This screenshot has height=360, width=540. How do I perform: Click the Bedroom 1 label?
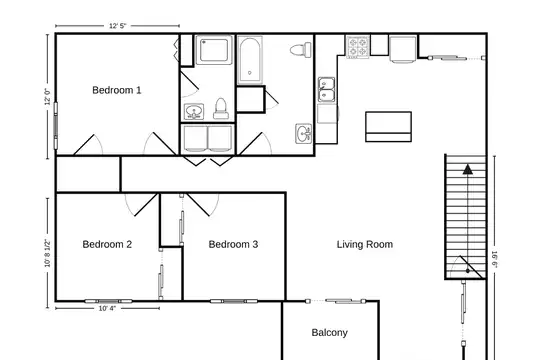click(x=117, y=90)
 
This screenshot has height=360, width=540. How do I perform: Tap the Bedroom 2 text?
click(x=107, y=244)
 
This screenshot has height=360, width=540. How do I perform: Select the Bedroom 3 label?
click(x=233, y=244)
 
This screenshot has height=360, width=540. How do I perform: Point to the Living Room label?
click(x=365, y=245)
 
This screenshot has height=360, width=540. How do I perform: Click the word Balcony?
click(x=330, y=332)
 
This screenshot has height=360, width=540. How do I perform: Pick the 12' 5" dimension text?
click(x=117, y=26)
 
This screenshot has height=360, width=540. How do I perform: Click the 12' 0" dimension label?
click(x=48, y=96)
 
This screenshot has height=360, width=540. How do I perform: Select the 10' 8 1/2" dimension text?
click(x=48, y=253)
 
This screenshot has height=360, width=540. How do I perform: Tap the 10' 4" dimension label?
click(x=107, y=308)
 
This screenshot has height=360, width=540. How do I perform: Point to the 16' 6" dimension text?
click(x=494, y=259)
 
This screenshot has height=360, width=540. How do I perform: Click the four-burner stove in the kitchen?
click(x=357, y=47)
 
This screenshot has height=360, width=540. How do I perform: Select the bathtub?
click(x=250, y=60)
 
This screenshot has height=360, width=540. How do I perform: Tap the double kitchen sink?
click(x=326, y=90)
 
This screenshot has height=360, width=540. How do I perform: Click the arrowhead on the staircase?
click(x=467, y=169)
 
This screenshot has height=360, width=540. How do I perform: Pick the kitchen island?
click(x=388, y=126)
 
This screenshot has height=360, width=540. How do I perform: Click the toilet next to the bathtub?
click(x=301, y=50)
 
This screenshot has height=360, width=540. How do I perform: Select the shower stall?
click(x=214, y=50)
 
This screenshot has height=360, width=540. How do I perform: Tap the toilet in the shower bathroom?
click(x=221, y=109)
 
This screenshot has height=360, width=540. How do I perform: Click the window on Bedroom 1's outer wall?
click(x=55, y=126)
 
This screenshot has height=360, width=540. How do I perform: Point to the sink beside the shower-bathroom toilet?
click(x=194, y=112)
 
